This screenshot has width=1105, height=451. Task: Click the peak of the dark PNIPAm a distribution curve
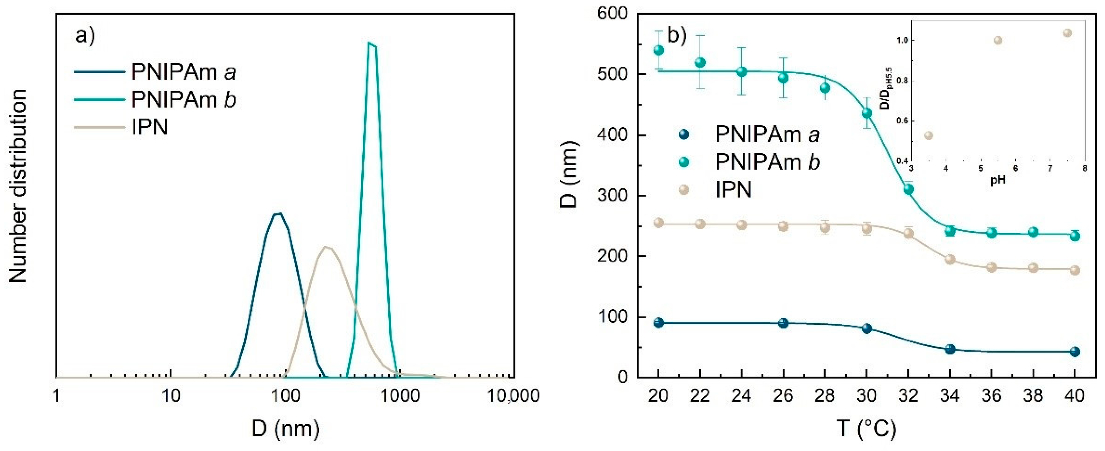click(x=278, y=213)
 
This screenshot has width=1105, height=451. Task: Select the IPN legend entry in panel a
click(x=149, y=127)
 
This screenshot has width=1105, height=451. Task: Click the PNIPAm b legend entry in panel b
click(x=767, y=162)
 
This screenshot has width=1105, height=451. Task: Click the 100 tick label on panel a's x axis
click(x=285, y=395)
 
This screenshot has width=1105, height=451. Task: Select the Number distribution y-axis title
click(x=18, y=187)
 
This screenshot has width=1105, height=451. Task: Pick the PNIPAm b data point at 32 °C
click(x=908, y=189)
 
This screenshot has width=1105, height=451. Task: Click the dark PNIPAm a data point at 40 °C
click(x=1075, y=352)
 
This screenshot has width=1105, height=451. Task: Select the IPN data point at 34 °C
click(x=950, y=259)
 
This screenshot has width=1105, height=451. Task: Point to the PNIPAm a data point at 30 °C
click(x=866, y=328)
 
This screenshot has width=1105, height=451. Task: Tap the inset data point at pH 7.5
click(x=1068, y=33)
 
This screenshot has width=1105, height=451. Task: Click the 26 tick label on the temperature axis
click(x=783, y=395)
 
